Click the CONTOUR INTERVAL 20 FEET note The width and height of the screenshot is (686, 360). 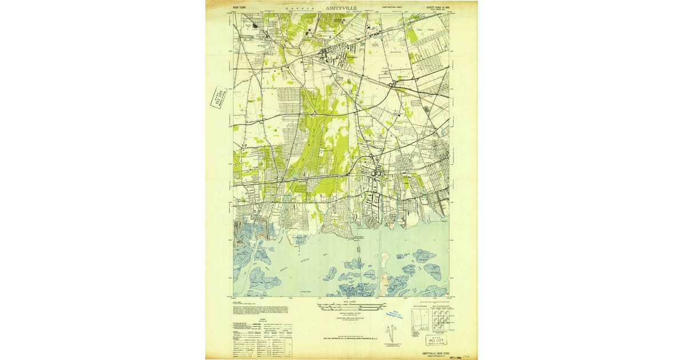pyautogui.click(x=342, y=315)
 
